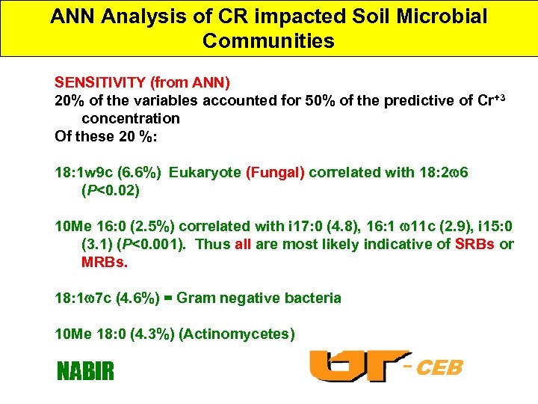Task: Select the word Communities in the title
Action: pos(268,41)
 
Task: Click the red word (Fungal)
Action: pos(275,173)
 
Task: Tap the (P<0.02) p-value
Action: pos(111,191)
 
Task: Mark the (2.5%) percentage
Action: pos(156,227)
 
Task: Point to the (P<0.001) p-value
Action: pos(158,245)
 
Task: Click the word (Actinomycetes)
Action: pos(238,334)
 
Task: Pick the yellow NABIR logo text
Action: pos(86,370)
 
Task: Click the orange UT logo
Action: pos(359,367)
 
